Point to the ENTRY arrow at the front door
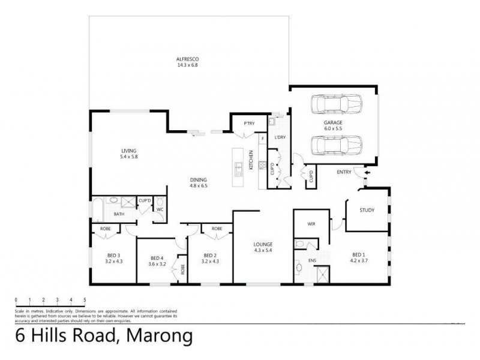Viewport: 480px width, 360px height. (x=368, y=173)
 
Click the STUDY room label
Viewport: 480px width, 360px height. (x=367, y=210)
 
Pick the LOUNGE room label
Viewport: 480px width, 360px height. (x=263, y=245)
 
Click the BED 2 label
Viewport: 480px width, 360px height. (x=209, y=254)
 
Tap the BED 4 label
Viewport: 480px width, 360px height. (x=157, y=258)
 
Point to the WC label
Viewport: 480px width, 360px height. (x=160, y=209)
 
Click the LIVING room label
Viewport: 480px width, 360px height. (x=128, y=151)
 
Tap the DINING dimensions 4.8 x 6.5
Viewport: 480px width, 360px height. (x=199, y=186)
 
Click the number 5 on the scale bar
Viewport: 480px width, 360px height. (x=85, y=299)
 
